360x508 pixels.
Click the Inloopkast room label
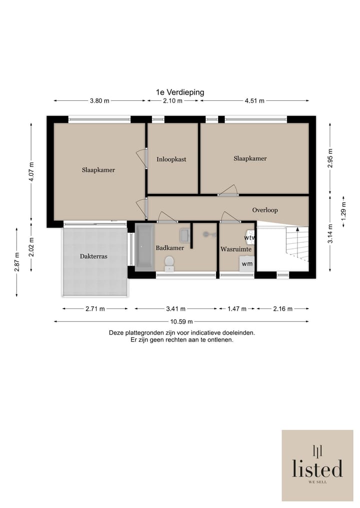coord(171,159)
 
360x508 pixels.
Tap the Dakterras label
coord(93,256)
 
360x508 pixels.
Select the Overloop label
coord(265,210)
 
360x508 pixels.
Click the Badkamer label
coord(169,248)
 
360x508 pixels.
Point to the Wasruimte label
coord(236,249)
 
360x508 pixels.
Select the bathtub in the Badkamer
coord(144,248)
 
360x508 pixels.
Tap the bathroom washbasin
coord(184,235)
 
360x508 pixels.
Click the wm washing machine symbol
coord(247,263)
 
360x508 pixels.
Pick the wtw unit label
coord(249,237)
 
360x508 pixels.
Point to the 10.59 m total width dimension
coord(181,322)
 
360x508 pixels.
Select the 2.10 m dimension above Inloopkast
coord(172,101)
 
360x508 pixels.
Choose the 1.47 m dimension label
coord(237,309)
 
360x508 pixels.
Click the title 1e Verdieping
coord(180,92)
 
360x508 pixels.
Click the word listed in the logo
coord(317,469)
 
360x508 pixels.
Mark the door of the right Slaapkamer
coord(228,190)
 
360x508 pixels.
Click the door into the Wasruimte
coord(230,217)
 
